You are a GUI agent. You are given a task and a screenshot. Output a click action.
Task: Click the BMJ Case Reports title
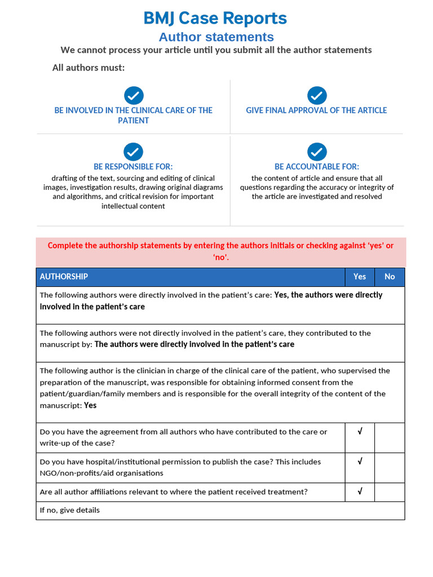(x=215, y=18)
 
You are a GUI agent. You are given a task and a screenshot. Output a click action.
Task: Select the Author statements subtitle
(x=216, y=37)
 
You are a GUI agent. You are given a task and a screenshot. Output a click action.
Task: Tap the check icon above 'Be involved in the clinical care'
(x=134, y=95)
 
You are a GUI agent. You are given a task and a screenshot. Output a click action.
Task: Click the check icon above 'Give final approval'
(x=317, y=95)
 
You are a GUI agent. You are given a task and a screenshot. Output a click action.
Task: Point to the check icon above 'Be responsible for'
(x=134, y=152)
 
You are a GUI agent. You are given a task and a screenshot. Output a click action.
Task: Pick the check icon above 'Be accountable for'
(x=317, y=152)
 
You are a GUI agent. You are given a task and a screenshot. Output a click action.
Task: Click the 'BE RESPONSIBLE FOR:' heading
(x=133, y=167)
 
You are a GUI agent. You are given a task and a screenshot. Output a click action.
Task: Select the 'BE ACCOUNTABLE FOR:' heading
(x=317, y=167)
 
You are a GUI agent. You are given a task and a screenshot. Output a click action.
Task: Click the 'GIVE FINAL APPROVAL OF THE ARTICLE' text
(x=316, y=110)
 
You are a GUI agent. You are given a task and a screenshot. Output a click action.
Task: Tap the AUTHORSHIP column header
(x=64, y=277)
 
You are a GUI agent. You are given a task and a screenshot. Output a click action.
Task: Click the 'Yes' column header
(x=360, y=277)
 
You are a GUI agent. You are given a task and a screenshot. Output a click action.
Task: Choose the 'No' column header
(x=390, y=277)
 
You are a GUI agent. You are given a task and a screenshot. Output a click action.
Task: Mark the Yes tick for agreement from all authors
(x=360, y=432)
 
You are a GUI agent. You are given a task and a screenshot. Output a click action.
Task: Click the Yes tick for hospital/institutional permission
(x=360, y=461)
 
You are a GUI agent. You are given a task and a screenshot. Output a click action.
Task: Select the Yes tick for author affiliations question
(x=360, y=491)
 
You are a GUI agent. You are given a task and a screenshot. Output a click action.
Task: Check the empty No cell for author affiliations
(x=390, y=492)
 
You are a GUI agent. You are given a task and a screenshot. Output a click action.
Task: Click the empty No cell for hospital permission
(x=390, y=468)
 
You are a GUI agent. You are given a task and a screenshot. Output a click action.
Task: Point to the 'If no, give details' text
(x=70, y=511)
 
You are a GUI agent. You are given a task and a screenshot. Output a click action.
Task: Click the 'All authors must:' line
(x=89, y=68)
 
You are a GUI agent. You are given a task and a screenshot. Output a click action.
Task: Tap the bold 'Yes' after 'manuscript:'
(x=90, y=406)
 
